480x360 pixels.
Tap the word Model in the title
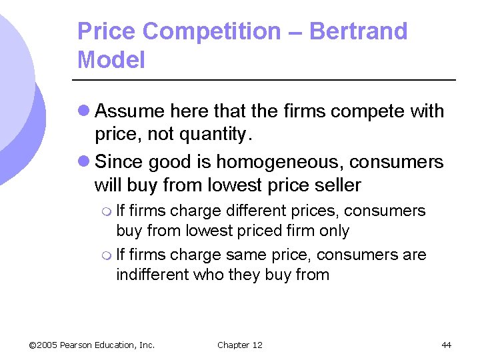[111, 60]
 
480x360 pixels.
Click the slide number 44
[446, 345]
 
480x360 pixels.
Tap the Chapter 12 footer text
[240, 345]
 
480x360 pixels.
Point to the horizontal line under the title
[267, 80]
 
